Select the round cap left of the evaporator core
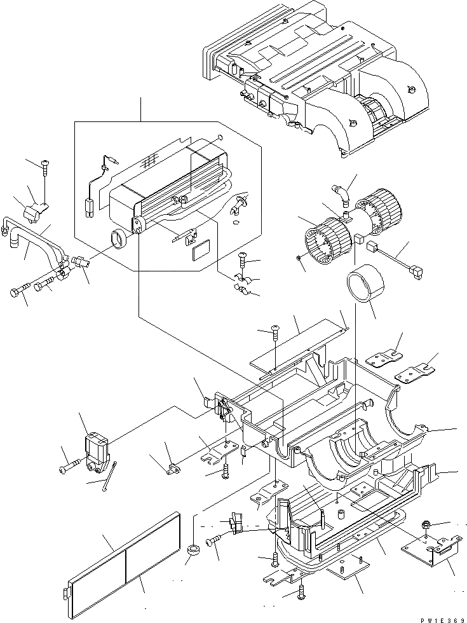118,240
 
